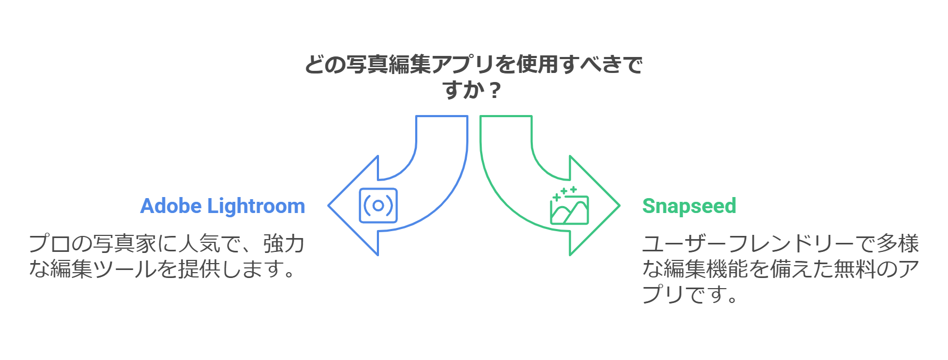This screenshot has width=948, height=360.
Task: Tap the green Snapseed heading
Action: [x=689, y=206]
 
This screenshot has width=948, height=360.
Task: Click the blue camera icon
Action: [x=378, y=206]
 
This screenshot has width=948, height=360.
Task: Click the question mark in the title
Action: [x=494, y=90]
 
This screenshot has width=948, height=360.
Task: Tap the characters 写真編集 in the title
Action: [x=388, y=64]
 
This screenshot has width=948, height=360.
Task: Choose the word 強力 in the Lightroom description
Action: [x=284, y=244]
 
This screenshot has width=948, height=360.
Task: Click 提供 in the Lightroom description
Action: [x=199, y=269]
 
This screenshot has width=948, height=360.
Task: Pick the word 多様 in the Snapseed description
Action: [x=897, y=244]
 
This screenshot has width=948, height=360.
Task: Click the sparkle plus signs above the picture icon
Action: [x=565, y=192]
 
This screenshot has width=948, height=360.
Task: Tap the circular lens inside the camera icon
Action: [x=378, y=206]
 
